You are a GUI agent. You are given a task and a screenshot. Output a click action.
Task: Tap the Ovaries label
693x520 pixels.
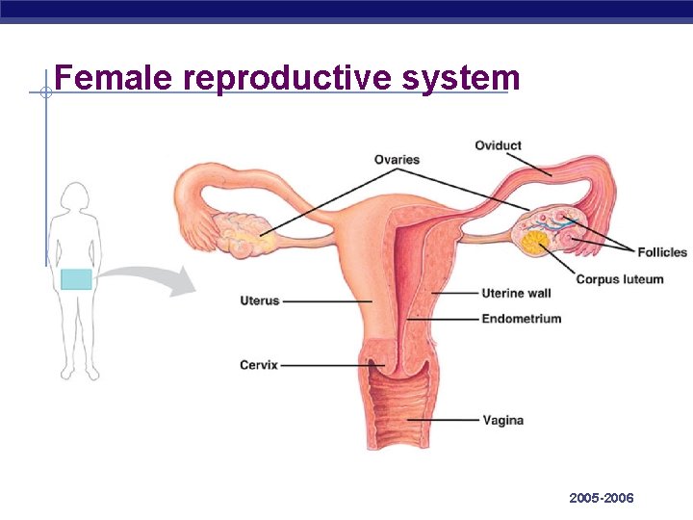[398, 160]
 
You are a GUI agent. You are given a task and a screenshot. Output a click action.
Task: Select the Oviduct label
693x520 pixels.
[498, 145]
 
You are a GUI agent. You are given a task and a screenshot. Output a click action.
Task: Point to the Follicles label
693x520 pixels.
[662, 252]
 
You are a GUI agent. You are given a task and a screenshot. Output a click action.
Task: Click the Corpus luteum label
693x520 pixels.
[620, 279]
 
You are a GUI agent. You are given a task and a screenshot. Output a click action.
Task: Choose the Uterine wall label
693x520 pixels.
[516, 293]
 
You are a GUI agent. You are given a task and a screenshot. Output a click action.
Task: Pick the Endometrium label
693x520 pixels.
[521, 319]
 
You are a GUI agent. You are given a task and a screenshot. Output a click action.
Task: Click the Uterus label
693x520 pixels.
[259, 300]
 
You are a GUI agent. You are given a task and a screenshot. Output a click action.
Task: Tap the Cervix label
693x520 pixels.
[259, 365]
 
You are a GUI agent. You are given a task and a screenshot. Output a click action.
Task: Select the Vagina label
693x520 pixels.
[504, 421]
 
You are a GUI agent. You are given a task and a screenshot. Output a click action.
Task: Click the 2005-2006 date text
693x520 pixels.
[602, 498]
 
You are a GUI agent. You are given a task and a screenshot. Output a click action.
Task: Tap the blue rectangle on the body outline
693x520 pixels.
[76, 279]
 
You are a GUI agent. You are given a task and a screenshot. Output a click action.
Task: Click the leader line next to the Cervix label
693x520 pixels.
[327, 365]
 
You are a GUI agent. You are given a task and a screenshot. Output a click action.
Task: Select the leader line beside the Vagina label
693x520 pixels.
[443, 421]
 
